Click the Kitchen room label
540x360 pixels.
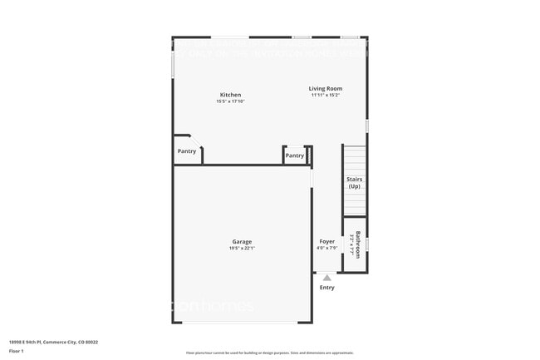[x=230, y=95]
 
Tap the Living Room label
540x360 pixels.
[x=325, y=88]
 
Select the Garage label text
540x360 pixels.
[x=242, y=242]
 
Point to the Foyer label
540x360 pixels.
[x=327, y=242]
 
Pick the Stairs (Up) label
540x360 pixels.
[x=354, y=182]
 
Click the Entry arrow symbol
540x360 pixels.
[x=327, y=278]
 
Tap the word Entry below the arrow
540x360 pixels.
[x=327, y=288]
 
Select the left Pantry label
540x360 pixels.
[x=187, y=151]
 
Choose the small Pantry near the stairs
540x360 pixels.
[x=295, y=155]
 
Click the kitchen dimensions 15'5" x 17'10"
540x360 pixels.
[x=230, y=101]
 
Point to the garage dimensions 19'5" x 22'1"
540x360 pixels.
[x=242, y=249]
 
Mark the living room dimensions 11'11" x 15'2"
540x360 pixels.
[x=325, y=95]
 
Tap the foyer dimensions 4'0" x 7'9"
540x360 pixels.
[x=327, y=249]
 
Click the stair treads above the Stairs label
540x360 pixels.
[x=354, y=158]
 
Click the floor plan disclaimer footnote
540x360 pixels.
[x=269, y=353]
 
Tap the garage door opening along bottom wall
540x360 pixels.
[x=242, y=322]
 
